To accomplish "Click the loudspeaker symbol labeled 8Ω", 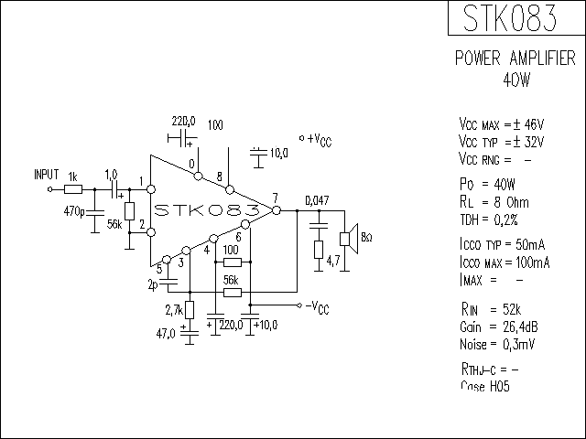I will (x=348, y=238).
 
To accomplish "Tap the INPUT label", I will (x=46, y=174).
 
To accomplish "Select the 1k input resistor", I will (x=74, y=190).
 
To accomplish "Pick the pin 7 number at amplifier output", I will (x=275, y=199).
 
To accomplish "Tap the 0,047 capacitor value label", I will (x=316, y=200).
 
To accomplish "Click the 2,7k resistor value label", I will (x=173, y=311).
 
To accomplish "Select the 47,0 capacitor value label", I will (x=166, y=334).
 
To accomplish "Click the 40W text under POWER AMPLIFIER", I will (x=515, y=80).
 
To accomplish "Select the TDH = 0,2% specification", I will (x=488, y=219).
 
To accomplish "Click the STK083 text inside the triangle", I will (x=206, y=210).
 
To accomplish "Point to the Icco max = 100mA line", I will (x=504, y=262).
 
